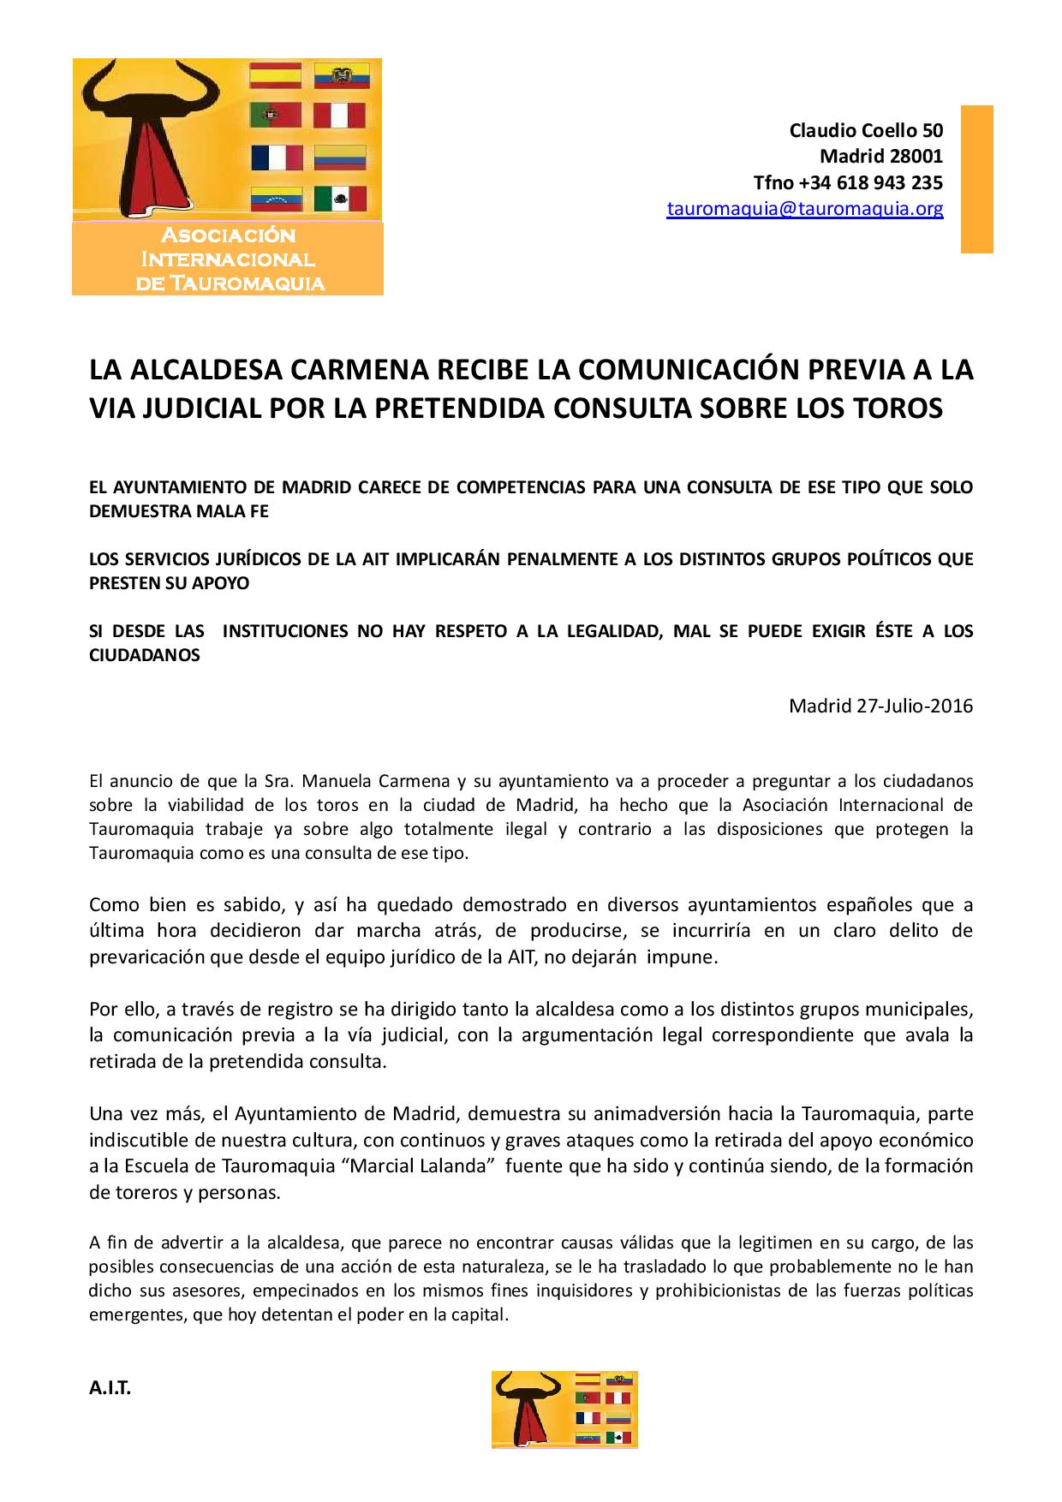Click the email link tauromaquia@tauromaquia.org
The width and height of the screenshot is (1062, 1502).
pyautogui.click(x=805, y=208)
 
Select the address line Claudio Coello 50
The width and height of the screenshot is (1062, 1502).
pyautogui.click(x=866, y=130)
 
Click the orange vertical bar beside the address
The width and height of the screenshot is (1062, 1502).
pyautogui.click(x=976, y=179)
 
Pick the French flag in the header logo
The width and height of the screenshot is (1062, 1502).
pyautogui.click(x=276, y=158)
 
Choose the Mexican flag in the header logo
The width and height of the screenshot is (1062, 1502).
pyautogui.click(x=340, y=199)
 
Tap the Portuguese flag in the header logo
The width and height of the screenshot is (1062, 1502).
pyautogui.click(x=276, y=116)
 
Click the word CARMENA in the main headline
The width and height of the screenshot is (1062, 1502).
pyautogui.click(x=360, y=371)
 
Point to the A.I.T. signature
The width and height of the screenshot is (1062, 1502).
pyautogui.click(x=110, y=1389)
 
